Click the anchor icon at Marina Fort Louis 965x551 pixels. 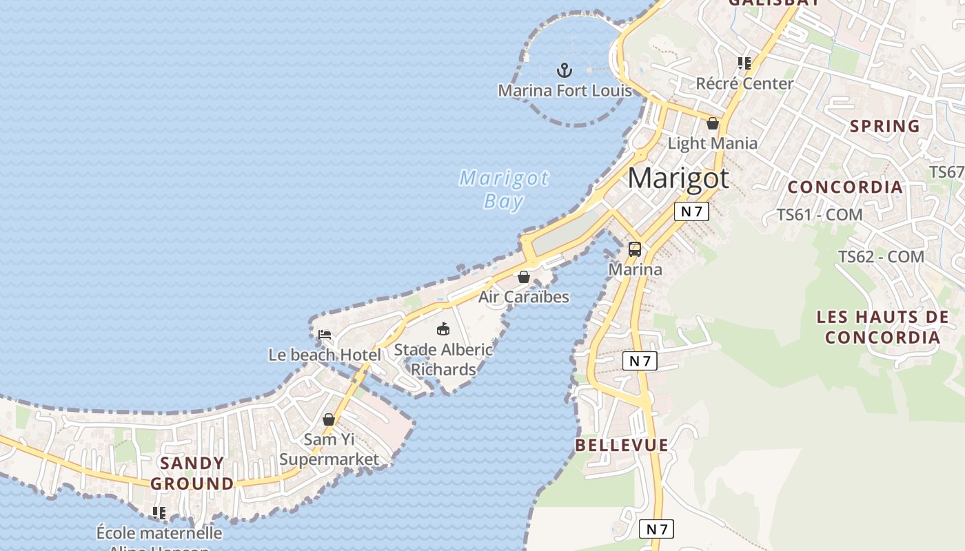pos(565,70)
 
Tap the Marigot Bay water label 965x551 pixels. pos(504,189)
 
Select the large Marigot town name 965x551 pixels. pos(678,178)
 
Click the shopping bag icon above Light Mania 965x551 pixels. pos(713,123)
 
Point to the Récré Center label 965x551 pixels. pos(744,83)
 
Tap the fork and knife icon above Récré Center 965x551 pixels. pos(744,63)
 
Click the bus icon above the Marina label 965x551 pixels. pos(635,249)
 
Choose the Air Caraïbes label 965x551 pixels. pos(524,297)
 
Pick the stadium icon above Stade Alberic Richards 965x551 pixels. pos(443,329)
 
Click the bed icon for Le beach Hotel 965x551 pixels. pos(325,335)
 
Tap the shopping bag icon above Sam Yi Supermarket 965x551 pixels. pos(329,419)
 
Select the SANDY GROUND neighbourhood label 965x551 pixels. pos(192,473)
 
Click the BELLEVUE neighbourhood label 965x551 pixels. pos(622,445)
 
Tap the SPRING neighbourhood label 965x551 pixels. pos(885,126)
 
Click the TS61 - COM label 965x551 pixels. pos(820,214)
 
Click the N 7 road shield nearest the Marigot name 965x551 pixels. pos(691,211)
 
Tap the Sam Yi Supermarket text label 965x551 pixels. pos(329,449)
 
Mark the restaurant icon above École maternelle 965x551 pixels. pos(159,513)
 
